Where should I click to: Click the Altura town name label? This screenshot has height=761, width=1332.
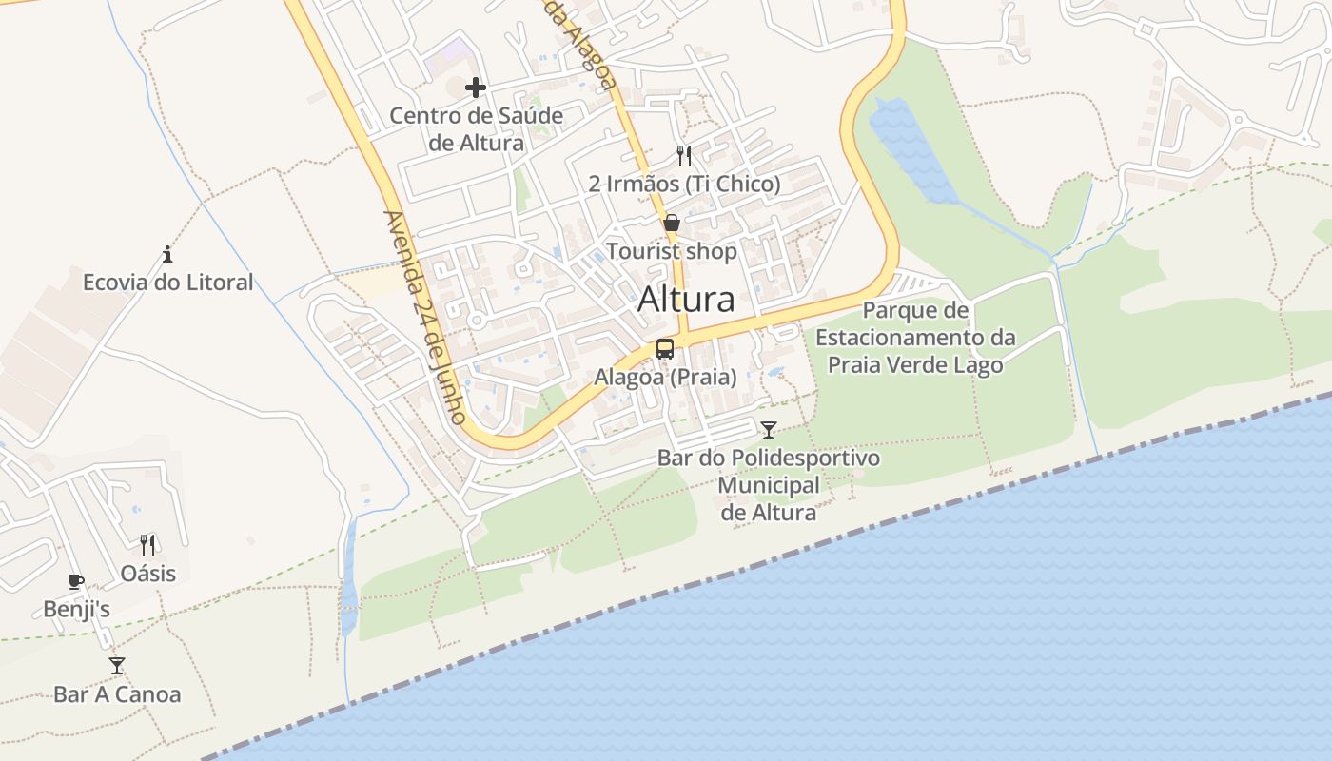(686, 300)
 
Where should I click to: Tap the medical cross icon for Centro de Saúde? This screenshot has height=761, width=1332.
(476, 88)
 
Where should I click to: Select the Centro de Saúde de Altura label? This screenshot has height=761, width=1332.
(477, 129)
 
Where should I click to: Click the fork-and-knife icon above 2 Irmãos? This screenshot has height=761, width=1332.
(684, 155)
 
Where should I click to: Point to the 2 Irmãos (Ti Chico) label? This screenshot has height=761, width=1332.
(684, 184)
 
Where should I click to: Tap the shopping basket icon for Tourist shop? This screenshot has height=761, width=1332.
(672, 224)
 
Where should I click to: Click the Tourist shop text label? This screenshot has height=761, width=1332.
(672, 251)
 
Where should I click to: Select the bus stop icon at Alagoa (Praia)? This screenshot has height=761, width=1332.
(665, 348)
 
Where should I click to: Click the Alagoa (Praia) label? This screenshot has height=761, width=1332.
(665, 377)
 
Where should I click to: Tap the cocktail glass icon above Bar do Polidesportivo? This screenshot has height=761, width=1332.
(769, 430)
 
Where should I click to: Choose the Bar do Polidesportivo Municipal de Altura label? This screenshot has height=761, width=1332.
(769, 485)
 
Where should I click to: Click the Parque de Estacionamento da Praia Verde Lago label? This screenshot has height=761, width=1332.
(915, 338)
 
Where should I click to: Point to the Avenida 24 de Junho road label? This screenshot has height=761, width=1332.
(425, 317)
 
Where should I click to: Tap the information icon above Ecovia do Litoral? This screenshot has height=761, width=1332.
(167, 254)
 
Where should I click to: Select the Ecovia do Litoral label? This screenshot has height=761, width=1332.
(167, 283)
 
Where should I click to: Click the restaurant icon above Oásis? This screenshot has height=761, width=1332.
(147, 544)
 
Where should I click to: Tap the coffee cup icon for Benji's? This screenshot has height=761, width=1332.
(76, 581)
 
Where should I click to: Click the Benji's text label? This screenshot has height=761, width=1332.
(76, 610)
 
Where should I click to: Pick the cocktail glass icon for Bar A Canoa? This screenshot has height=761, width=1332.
(117, 665)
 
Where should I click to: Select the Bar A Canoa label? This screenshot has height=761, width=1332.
(117, 694)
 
